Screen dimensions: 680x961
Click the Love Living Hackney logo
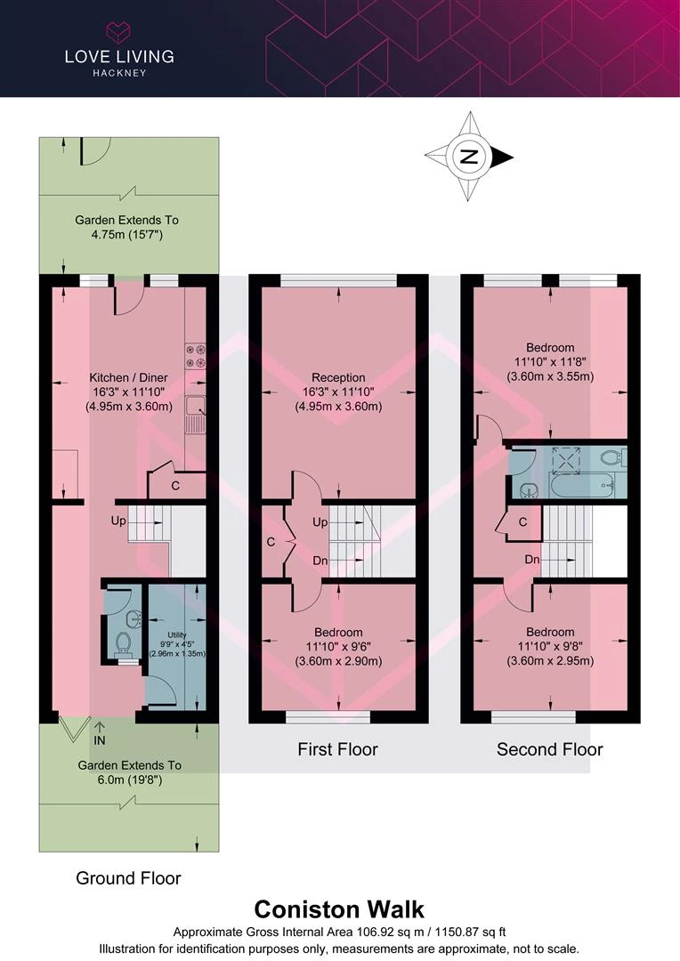[x=119, y=50]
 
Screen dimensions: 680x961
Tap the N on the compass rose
[x=468, y=157]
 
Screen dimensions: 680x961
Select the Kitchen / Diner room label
[x=128, y=392]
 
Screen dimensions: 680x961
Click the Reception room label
[x=338, y=392]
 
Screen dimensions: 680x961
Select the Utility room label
[x=176, y=644]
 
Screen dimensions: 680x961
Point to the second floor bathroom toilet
[x=611, y=456]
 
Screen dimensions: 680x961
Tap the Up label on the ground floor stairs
[x=118, y=521]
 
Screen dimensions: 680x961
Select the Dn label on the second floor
[x=531, y=560]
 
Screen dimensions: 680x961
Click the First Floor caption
[x=338, y=749]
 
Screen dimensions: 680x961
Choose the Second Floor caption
[x=550, y=749]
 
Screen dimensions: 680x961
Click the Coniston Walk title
[x=339, y=909]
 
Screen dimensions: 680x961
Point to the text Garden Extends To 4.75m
[x=127, y=227]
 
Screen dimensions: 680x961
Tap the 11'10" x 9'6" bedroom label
[x=338, y=647]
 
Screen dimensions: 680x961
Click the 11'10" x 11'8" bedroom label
[x=550, y=361]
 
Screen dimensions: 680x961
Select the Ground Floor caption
[x=128, y=877]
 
